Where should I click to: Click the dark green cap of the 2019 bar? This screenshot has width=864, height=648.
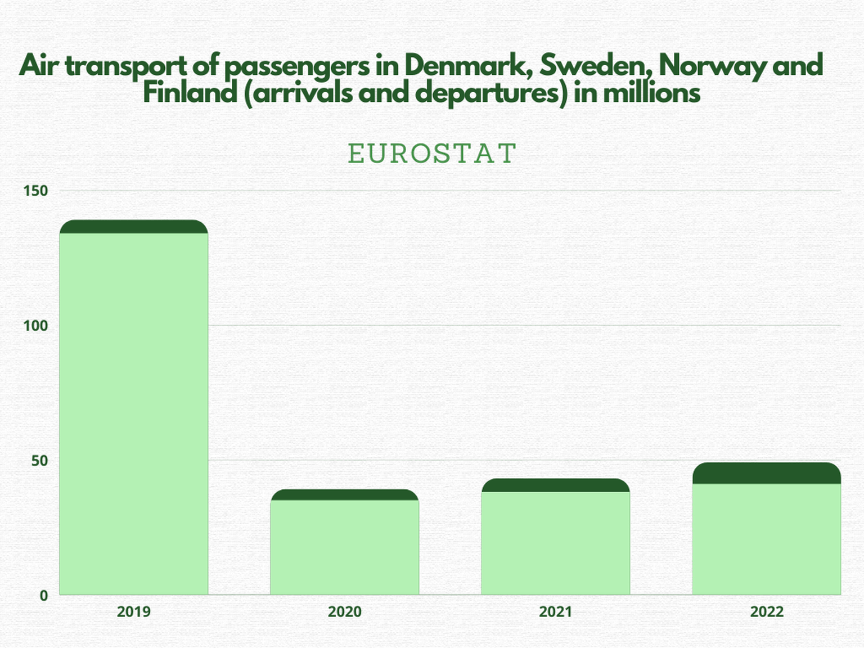click(134, 227)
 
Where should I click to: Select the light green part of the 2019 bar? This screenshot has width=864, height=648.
click(134, 413)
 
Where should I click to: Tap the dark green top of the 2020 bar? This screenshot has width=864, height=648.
click(344, 495)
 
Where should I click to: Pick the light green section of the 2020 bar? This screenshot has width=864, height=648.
click(344, 547)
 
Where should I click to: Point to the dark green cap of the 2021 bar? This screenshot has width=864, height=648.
click(555, 485)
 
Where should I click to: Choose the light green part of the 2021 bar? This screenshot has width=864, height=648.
click(555, 543)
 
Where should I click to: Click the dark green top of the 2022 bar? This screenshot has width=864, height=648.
click(766, 473)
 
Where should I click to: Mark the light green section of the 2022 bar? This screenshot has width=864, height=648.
click(766, 539)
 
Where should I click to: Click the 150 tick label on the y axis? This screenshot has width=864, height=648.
click(35, 191)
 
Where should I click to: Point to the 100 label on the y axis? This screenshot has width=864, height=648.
click(35, 326)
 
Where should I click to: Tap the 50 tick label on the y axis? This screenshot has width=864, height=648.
click(39, 461)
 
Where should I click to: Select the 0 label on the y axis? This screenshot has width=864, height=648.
click(44, 596)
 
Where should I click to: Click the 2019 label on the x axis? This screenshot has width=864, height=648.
click(134, 611)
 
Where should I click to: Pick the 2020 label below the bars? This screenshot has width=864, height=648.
click(344, 611)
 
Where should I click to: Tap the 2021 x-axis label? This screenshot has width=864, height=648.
click(555, 611)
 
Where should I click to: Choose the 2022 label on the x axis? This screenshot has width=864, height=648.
click(766, 611)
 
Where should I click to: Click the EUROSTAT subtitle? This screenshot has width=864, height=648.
click(432, 154)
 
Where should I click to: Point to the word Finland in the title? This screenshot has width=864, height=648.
click(190, 93)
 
